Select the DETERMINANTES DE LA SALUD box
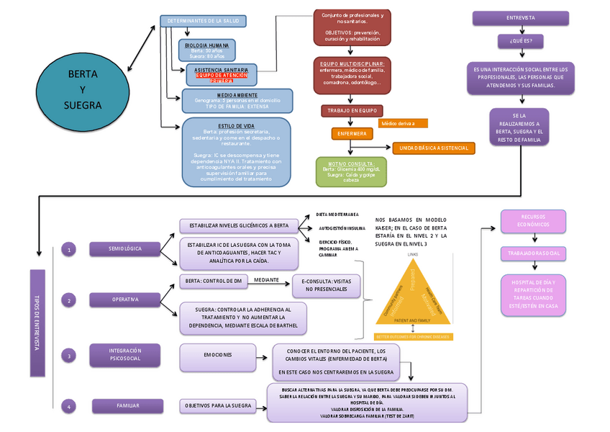point(203,21)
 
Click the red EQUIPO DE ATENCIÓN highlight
point(221,76)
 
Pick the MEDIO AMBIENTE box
point(237,100)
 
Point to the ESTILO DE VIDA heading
point(237,126)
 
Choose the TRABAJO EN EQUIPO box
point(352,111)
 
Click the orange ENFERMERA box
point(352,134)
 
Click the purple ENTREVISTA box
point(520,18)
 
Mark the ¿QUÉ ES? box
point(521,41)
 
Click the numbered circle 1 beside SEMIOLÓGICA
point(69,250)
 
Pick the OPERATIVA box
point(125,300)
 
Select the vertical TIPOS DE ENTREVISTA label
point(37,323)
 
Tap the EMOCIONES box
point(217,355)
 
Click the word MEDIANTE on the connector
point(266,279)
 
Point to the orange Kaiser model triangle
point(413,296)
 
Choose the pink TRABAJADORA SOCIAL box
point(534,253)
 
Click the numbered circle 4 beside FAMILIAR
point(69,407)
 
